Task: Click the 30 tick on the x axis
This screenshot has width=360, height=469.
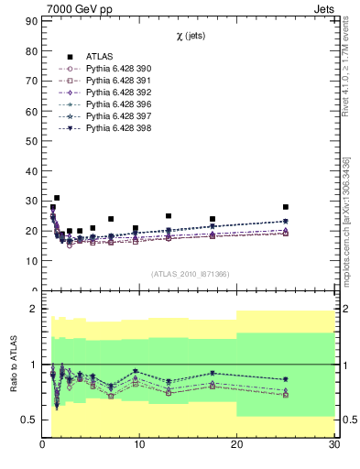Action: coord(333,445)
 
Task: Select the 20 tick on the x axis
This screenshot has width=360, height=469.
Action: coord(236,445)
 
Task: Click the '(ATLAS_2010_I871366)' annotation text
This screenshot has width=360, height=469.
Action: coord(191,274)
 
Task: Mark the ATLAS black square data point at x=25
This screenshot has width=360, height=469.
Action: coord(286,207)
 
